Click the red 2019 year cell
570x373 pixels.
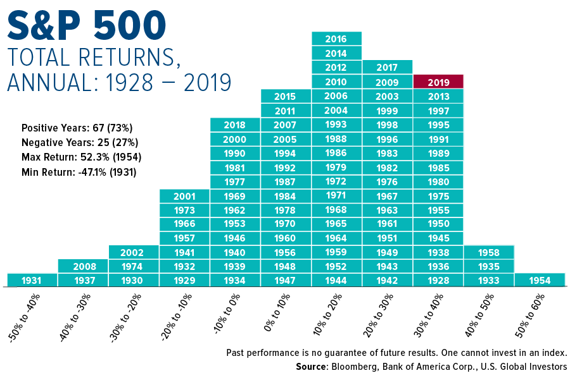(438, 82)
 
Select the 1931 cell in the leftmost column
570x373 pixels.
(32, 280)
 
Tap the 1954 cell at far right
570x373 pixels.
(540, 280)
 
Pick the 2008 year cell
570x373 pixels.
(83, 266)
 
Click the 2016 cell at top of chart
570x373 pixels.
(336, 39)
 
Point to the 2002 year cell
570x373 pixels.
(134, 252)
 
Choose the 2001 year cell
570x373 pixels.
(184, 196)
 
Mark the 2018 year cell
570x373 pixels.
(235, 125)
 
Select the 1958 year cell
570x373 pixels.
(489, 252)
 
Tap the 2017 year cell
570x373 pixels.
(387, 68)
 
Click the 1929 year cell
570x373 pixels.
(184, 280)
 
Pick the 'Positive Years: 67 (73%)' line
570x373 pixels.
(77, 127)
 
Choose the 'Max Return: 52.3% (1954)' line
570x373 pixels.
(81, 157)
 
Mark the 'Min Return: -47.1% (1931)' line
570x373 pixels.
(79, 171)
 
